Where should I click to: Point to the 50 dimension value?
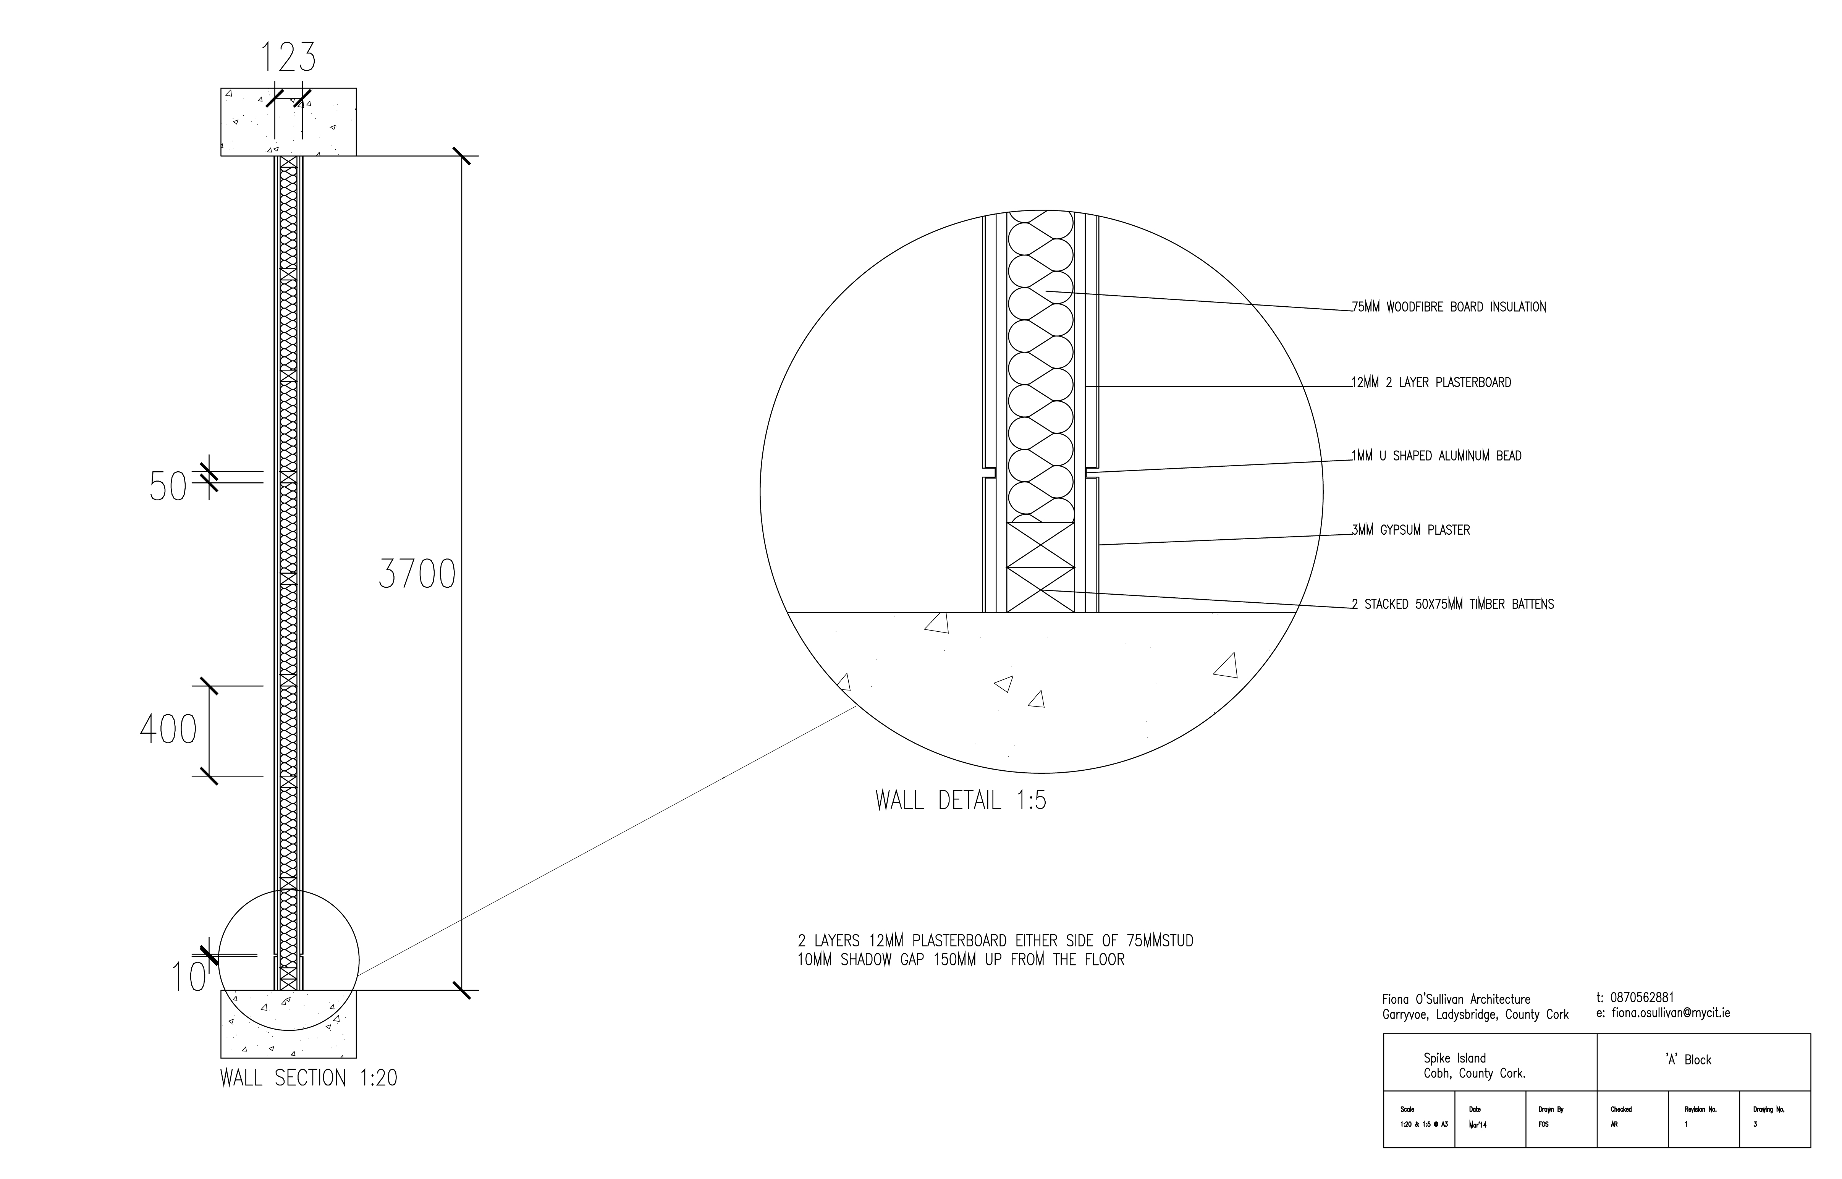point(168,487)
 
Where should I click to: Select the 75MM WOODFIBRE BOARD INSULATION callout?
point(1449,307)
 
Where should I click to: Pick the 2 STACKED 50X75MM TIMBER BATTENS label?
point(1452,604)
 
